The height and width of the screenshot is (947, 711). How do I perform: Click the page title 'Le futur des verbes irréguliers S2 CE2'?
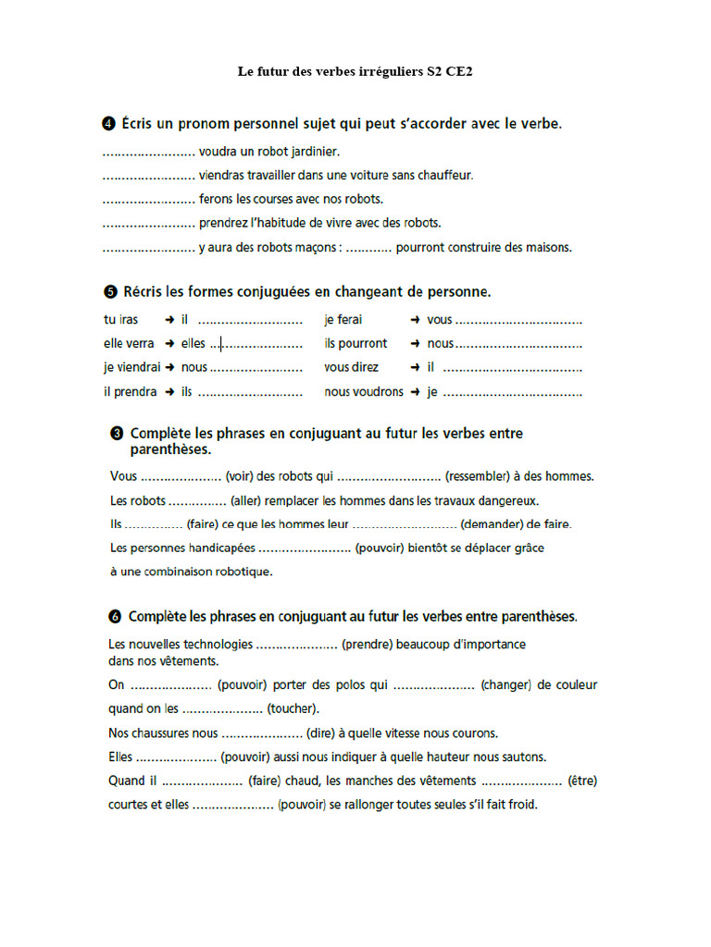pyautogui.click(x=355, y=70)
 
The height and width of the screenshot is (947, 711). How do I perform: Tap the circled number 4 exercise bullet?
pyautogui.click(x=107, y=123)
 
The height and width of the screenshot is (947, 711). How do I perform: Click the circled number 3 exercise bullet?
pyautogui.click(x=118, y=433)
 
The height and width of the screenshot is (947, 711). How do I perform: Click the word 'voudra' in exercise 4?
pyautogui.click(x=218, y=150)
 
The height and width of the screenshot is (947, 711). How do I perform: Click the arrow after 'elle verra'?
pyautogui.click(x=169, y=344)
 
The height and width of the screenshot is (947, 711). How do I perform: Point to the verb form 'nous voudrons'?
pyautogui.click(x=364, y=392)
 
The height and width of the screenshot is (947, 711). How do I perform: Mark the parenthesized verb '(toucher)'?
pyautogui.click(x=293, y=709)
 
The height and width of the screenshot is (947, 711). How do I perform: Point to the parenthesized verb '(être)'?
pyautogui.click(x=582, y=781)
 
